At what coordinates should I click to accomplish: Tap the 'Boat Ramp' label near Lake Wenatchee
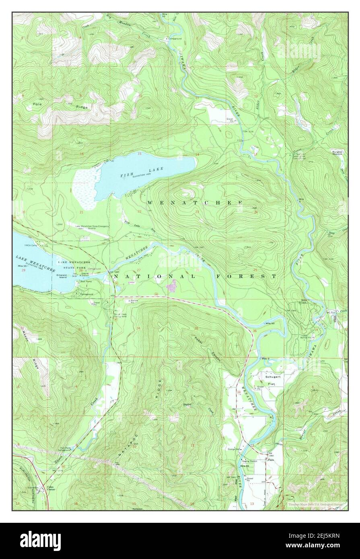(86, 282)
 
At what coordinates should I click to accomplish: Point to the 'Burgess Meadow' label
(337, 153)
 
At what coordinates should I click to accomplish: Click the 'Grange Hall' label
(234, 449)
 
